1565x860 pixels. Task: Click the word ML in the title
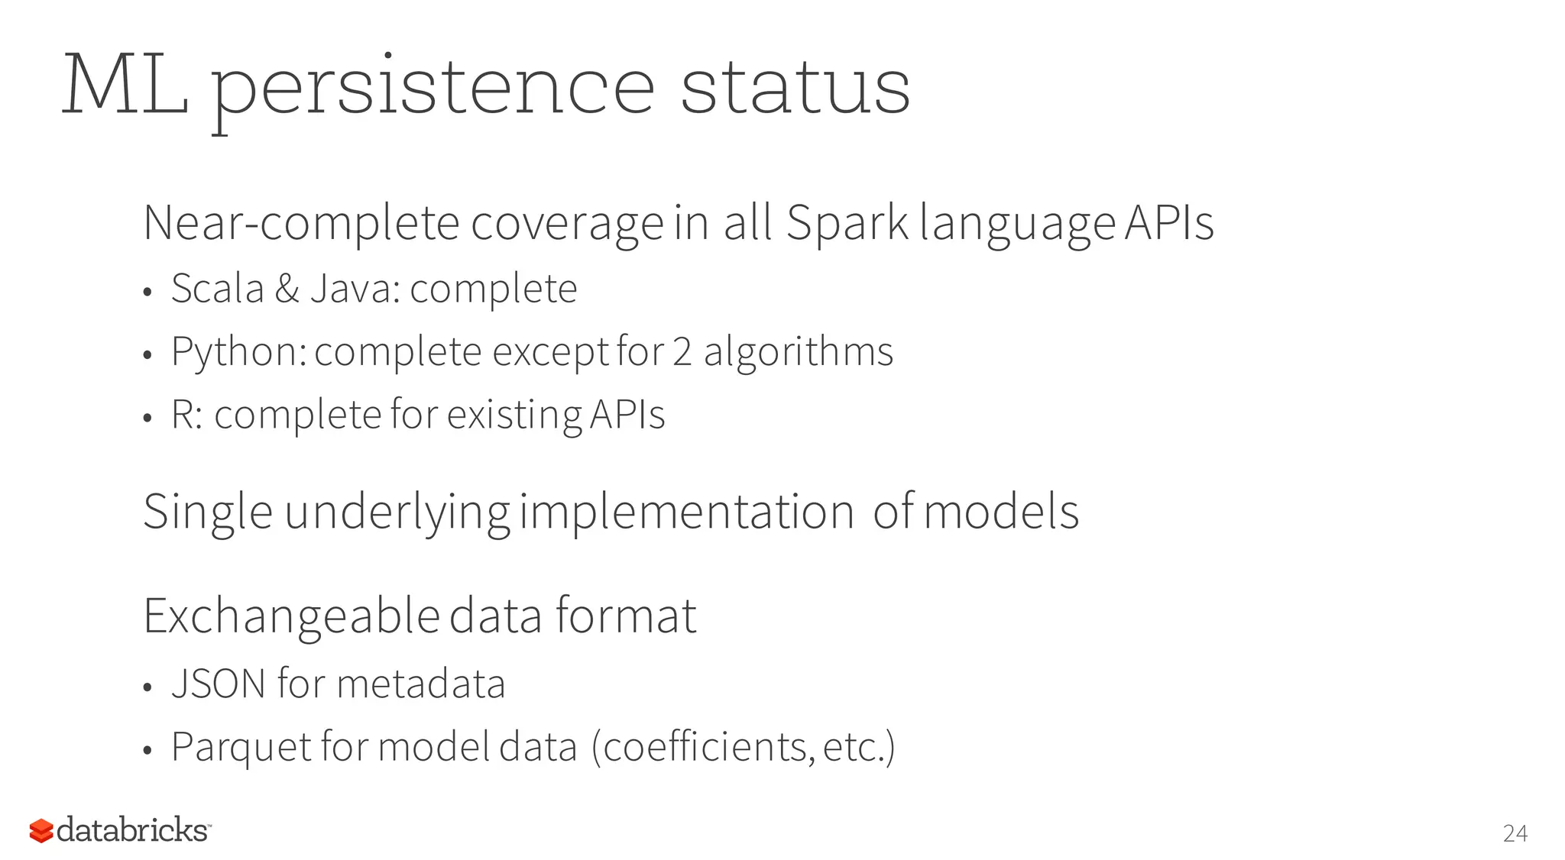[x=125, y=86]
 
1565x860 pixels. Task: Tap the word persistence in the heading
[x=432, y=90]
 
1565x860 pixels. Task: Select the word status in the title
[x=795, y=86]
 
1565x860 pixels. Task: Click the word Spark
[x=847, y=223]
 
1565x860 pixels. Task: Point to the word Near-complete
[x=301, y=225]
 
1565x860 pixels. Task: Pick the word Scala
[x=217, y=289]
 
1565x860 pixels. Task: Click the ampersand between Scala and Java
[x=287, y=289]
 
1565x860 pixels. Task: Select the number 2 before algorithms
[x=682, y=352]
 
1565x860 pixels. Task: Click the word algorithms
[x=798, y=353]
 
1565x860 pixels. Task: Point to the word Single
[x=207, y=512]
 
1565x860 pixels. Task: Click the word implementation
[x=686, y=512]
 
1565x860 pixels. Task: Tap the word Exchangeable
[x=291, y=616]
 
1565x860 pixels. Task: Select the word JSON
[x=219, y=684]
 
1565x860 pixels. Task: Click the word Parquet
[x=241, y=747]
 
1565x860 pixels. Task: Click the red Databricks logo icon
[x=41, y=831]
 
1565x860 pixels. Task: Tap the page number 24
[x=1515, y=833]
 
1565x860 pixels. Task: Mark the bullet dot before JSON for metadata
[x=148, y=687]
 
